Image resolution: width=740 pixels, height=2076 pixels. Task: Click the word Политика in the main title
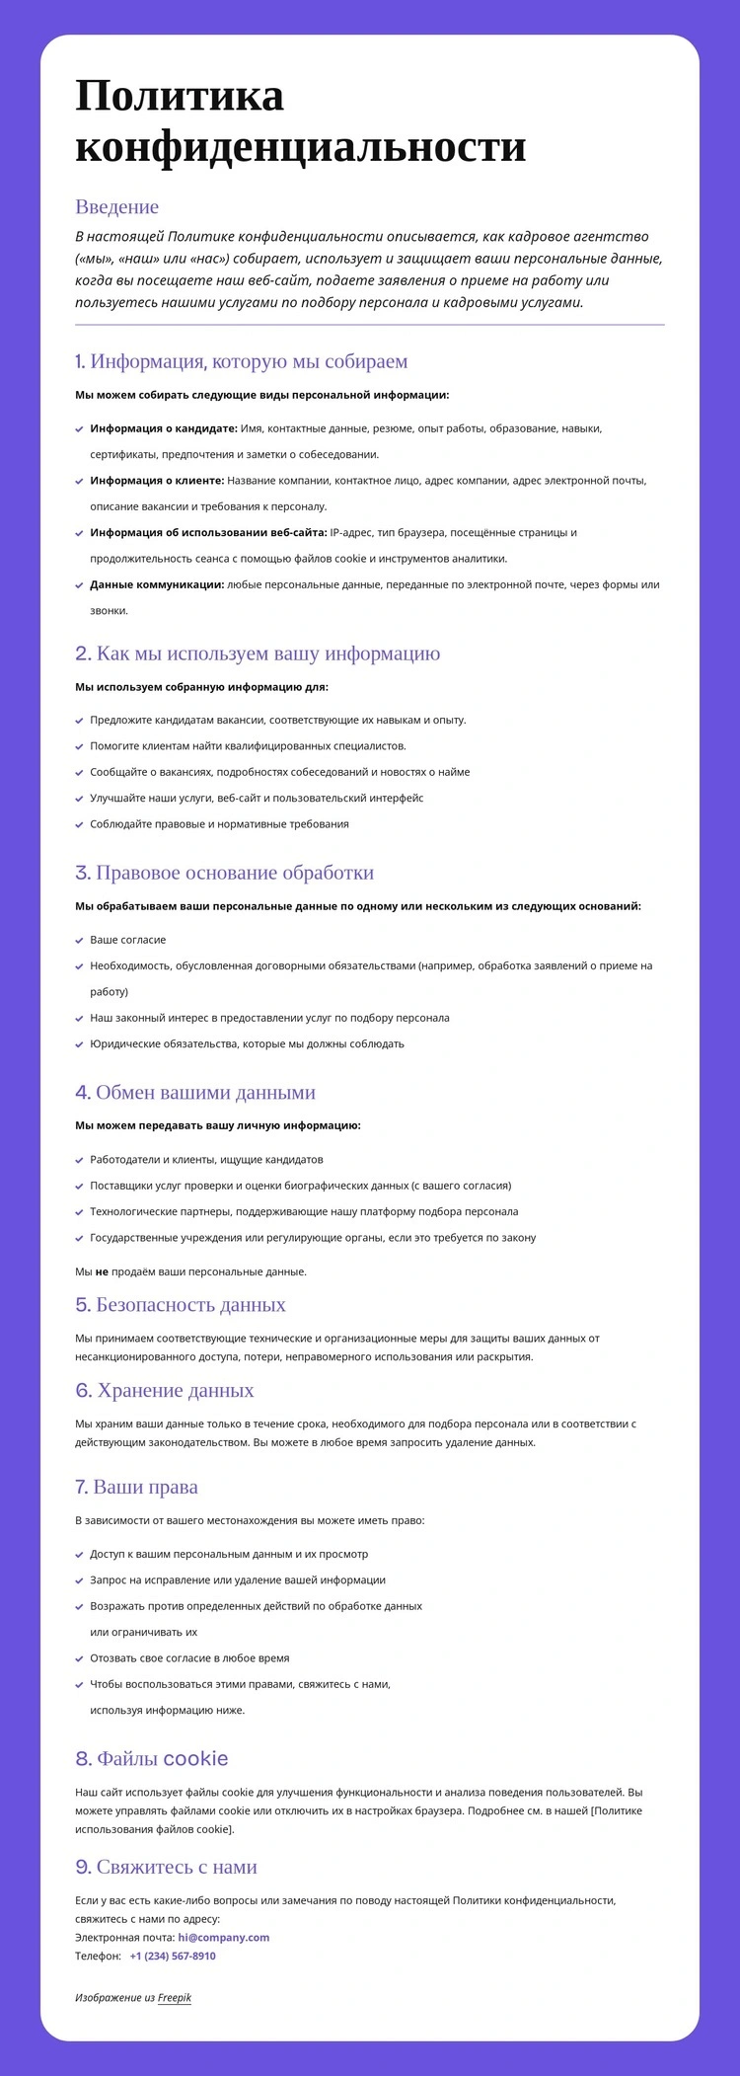180,97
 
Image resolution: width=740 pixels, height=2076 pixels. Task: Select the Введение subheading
116,206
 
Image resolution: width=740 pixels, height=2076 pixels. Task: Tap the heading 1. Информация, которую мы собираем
241,361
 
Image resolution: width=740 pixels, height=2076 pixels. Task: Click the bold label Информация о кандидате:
163,428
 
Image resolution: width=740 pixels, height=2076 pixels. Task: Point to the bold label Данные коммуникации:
157,584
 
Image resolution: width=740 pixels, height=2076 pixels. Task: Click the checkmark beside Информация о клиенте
79,481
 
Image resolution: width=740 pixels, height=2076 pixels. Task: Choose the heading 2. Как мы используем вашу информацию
258,654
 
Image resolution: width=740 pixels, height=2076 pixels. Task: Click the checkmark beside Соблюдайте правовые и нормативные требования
79,824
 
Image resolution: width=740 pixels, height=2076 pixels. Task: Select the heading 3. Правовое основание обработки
224,873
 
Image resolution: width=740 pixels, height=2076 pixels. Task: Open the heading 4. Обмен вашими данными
195,1092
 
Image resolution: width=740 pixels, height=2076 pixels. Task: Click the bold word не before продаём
102,1271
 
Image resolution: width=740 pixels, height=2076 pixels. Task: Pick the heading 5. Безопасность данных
181,1304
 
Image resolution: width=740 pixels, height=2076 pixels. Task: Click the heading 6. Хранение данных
165,1390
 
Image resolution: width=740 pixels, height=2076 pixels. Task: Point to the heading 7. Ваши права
136,1487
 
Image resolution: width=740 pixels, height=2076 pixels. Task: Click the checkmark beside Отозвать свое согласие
79,1658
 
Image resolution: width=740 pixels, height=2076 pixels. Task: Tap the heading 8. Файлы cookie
152,1758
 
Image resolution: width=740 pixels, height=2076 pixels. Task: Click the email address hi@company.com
223,1937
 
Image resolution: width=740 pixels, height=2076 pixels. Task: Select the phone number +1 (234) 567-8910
173,1956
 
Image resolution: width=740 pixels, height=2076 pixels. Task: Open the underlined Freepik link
174,1997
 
